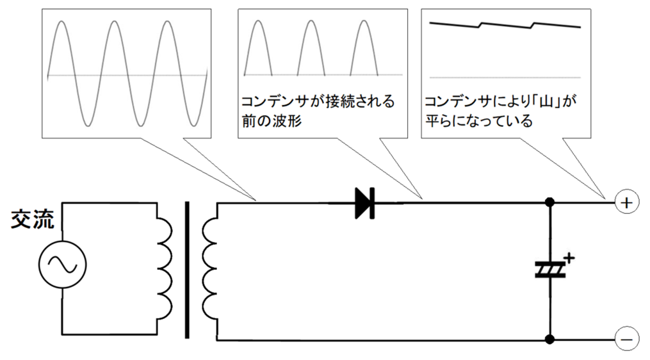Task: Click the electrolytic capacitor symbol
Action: click(550, 270)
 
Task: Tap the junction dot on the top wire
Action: click(549, 203)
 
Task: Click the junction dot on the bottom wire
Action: click(549, 338)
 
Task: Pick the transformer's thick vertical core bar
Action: click(187, 269)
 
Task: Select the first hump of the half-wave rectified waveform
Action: click(258, 45)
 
